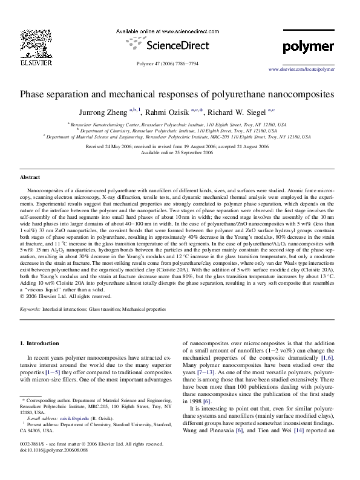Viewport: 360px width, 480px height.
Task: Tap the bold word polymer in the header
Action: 309,47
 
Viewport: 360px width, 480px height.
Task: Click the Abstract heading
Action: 30,177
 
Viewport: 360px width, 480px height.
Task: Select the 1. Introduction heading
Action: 40,343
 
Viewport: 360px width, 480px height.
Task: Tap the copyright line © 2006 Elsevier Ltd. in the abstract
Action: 66,296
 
